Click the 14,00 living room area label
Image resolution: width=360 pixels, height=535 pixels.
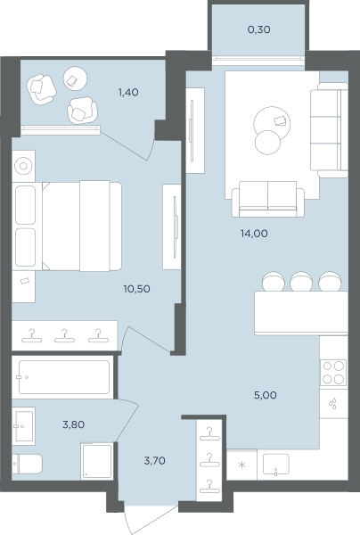(254, 234)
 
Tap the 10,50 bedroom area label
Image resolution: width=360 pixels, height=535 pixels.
(136, 289)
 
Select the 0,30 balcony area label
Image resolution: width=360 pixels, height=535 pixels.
(259, 29)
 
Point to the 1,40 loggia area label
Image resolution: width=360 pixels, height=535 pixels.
(128, 92)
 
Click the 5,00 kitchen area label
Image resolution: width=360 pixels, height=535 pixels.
(266, 395)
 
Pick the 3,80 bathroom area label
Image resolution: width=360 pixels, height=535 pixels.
(74, 424)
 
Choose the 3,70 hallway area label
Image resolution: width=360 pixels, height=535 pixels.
(155, 461)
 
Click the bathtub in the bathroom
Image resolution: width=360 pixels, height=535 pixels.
(64, 377)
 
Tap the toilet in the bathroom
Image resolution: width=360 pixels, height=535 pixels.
(28, 464)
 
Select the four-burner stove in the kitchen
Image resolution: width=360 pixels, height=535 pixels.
(333, 373)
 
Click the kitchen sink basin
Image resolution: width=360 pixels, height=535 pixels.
(276, 465)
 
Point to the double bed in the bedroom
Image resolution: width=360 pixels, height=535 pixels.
(67, 226)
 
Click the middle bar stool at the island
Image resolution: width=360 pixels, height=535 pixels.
(301, 281)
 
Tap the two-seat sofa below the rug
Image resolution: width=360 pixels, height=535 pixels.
(267, 199)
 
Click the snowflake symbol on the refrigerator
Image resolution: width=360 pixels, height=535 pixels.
(241, 465)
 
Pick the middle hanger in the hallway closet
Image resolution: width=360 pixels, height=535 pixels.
(209, 461)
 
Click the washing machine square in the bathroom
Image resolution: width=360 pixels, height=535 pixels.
(97, 460)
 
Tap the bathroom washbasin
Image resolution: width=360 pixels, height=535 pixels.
(23, 426)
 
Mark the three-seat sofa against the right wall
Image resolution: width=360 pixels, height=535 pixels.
(329, 129)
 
